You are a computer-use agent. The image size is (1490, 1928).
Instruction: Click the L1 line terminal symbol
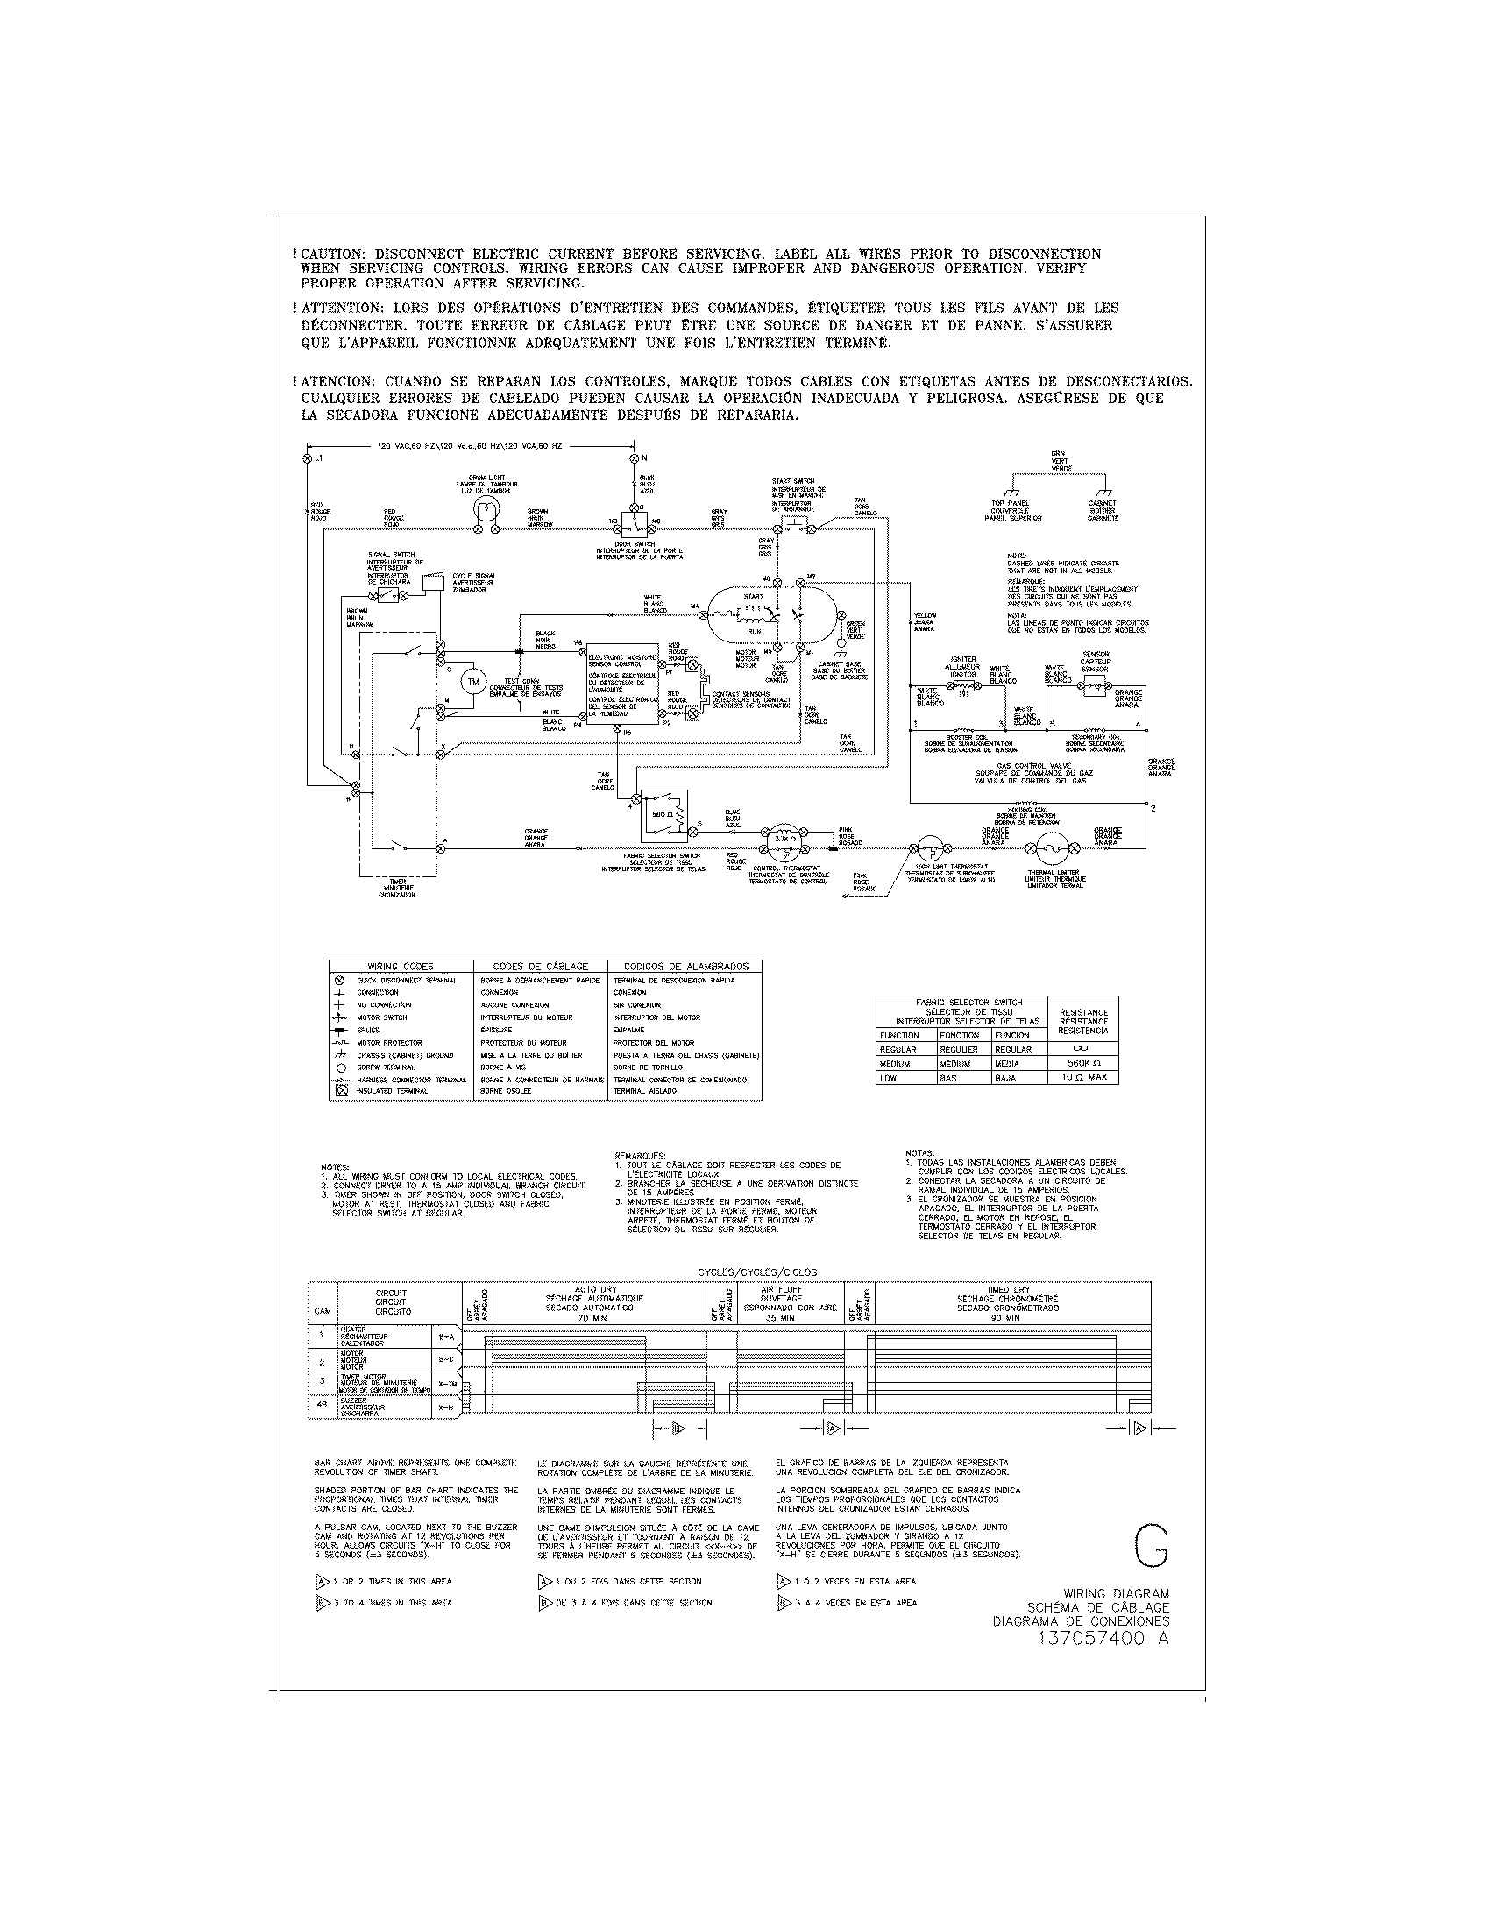[307, 459]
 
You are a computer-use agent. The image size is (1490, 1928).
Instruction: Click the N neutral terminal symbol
[634, 459]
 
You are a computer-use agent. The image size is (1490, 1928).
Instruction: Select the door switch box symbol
[635, 522]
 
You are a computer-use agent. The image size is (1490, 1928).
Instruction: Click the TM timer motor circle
[472, 682]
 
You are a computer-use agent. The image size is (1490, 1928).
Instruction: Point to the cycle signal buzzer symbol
[431, 582]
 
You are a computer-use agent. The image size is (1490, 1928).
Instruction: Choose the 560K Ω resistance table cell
[1083, 1064]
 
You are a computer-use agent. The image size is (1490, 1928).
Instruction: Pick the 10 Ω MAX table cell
[1083, 1078]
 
